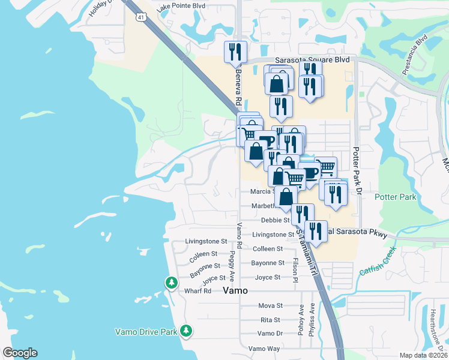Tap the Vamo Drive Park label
coord(146,331)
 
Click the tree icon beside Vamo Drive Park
coord(186,330)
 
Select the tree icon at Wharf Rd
coord(172,282)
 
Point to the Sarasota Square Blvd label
coord(312,60)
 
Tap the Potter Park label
coord(395,197)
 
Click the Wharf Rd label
coord(199,291)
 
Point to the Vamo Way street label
coord(264,349)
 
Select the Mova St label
coord(270,306)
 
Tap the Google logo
coord(20,353)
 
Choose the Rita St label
coord(271,320)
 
